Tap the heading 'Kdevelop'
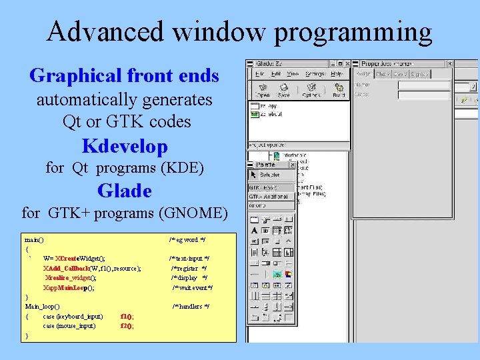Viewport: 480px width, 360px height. (x=125, y=145)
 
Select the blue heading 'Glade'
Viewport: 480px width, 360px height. (x=125, y=191)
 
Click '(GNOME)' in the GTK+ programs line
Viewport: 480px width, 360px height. (x=193, y=213)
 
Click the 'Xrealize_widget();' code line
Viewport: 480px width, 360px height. (x=71, y=277)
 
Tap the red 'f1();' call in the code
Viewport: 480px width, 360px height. (x=127, y=316)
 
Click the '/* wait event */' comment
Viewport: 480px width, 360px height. (x=192, y=287)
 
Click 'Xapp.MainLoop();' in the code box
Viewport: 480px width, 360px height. (x=69, y=287)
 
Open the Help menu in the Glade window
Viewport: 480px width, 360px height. (x=337, y=73)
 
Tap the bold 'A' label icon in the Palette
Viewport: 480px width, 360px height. (x=255, y=231)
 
